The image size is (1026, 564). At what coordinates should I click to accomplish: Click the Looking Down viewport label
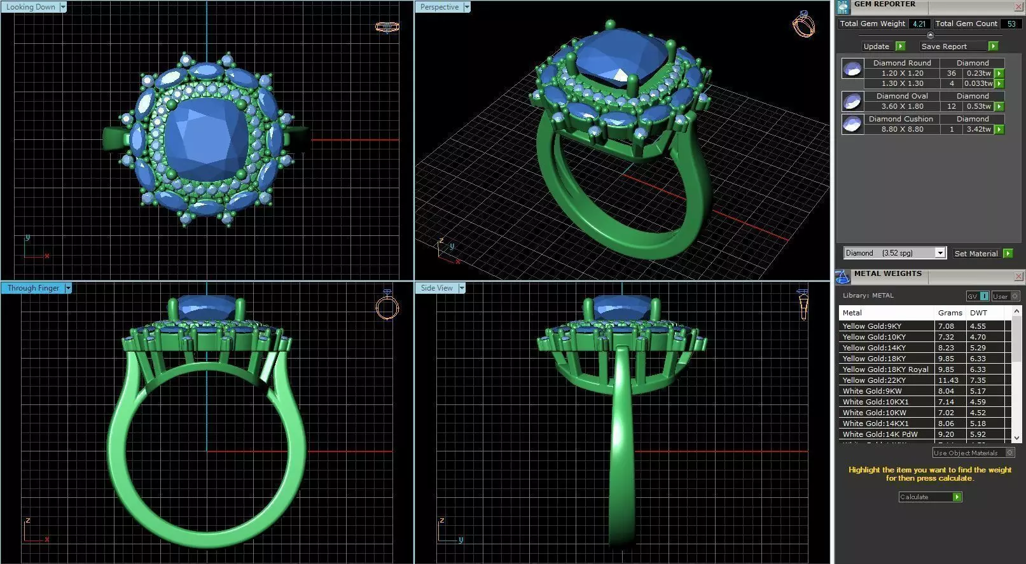[31, 7]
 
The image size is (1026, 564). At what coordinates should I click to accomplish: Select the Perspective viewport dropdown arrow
[467, 7]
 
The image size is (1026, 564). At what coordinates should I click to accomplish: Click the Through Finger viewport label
[33, 288]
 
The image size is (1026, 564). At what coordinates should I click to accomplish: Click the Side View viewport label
[436, 288]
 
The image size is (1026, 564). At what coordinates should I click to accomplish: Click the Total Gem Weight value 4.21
[919, 24]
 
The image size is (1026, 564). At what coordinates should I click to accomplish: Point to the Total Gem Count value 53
[1011, 24]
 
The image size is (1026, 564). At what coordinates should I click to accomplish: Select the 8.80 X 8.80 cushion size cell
[902, 129]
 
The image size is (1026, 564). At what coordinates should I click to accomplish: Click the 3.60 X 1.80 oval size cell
[902, 106]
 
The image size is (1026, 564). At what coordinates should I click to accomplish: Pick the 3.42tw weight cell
[978, 129]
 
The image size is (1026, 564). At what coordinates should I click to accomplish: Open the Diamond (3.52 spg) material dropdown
[940, 253]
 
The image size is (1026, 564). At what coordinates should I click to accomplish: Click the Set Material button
[976, 253]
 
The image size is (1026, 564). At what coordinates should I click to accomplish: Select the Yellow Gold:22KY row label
[874, 380]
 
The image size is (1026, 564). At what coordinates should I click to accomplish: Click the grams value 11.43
[948, 380]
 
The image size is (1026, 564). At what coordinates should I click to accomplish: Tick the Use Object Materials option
[1009, 453]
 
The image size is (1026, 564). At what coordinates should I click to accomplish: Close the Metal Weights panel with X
[1018, 276]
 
